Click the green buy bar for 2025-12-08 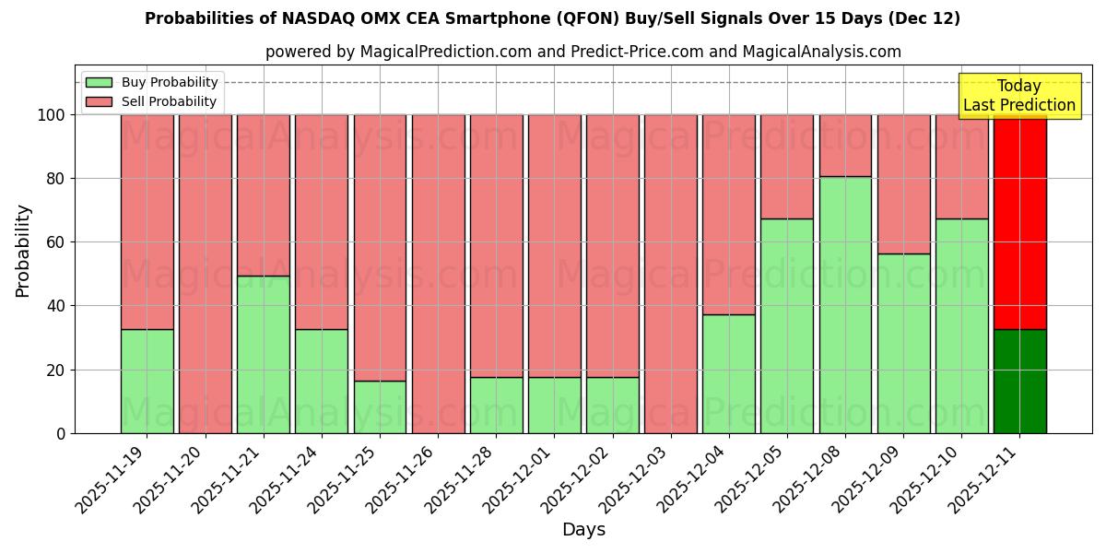click(x=845, y=304)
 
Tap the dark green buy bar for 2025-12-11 click(x=1019, y=381)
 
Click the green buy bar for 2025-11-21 click(x=264, y=354)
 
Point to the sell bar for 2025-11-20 click(x=205, y=274)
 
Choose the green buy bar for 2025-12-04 click(x=728, y=373)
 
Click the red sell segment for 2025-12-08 click(x=845, y=145)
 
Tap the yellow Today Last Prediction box click(x=1018, y=96)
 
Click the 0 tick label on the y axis click(x=61, y=433)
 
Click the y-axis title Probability click(x=23, y=251)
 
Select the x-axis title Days click(x=583, y=530)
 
